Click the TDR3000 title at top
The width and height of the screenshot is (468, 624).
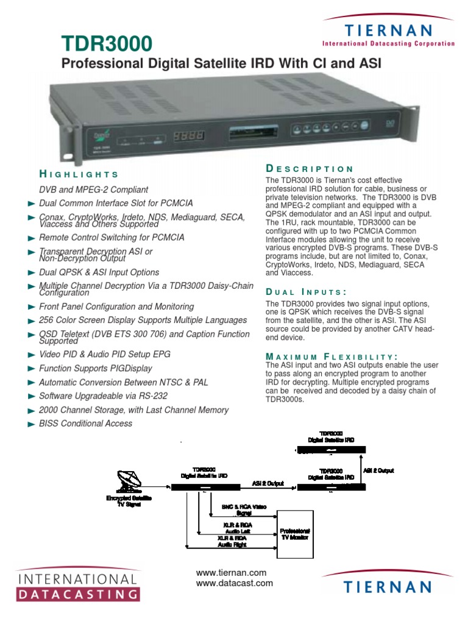coord(106,43)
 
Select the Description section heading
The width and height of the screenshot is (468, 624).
coord(309,169)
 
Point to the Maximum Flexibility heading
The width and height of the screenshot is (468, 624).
coord(331,356)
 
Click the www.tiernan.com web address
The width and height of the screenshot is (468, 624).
coord(231,573)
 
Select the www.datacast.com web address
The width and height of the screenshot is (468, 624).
coord(234,584)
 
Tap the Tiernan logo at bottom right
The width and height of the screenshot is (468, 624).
coord(387,586)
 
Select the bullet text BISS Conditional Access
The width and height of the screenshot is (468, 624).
coord(85,424)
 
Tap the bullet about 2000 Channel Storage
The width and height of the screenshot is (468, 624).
coord(133,410)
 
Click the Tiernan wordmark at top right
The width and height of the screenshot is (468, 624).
coord(388,30)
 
